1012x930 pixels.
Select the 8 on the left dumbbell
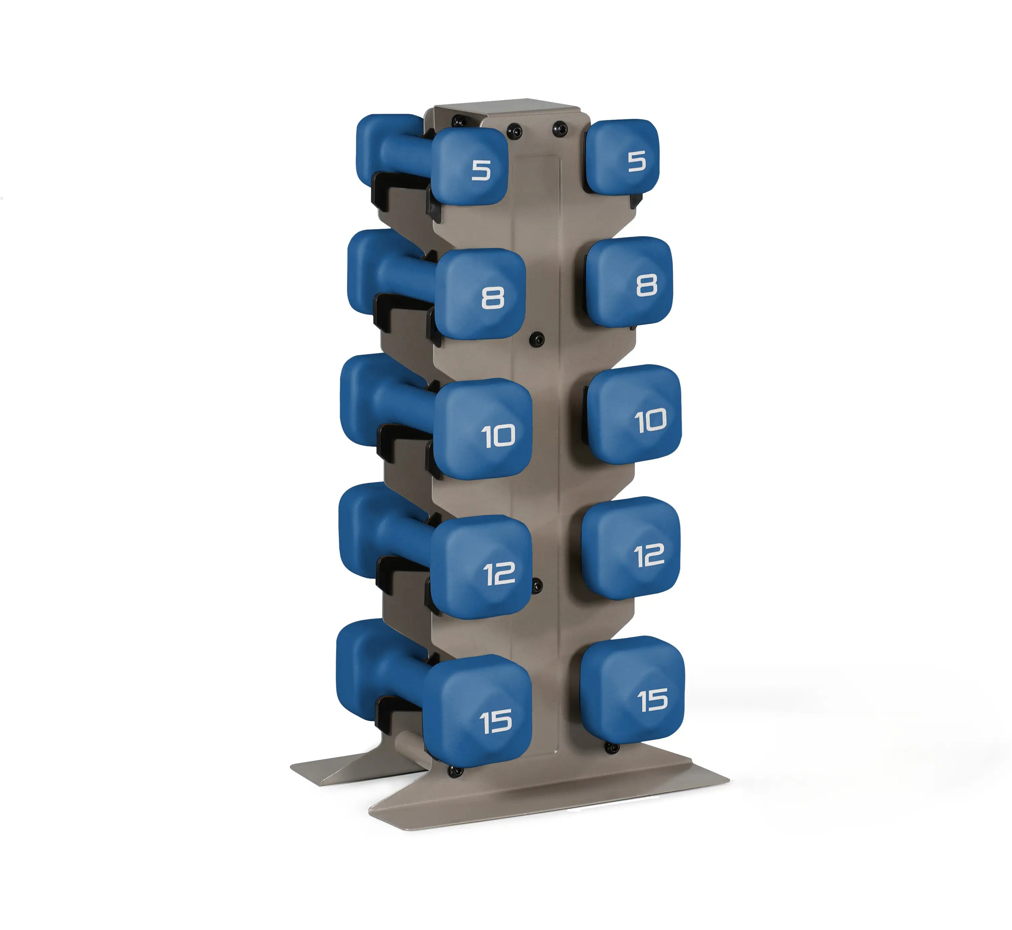493,298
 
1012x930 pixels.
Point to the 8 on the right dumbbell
647,285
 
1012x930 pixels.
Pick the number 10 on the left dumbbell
498,436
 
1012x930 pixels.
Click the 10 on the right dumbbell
651,421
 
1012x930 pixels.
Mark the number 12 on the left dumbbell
499,574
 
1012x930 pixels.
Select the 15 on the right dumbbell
652,700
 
